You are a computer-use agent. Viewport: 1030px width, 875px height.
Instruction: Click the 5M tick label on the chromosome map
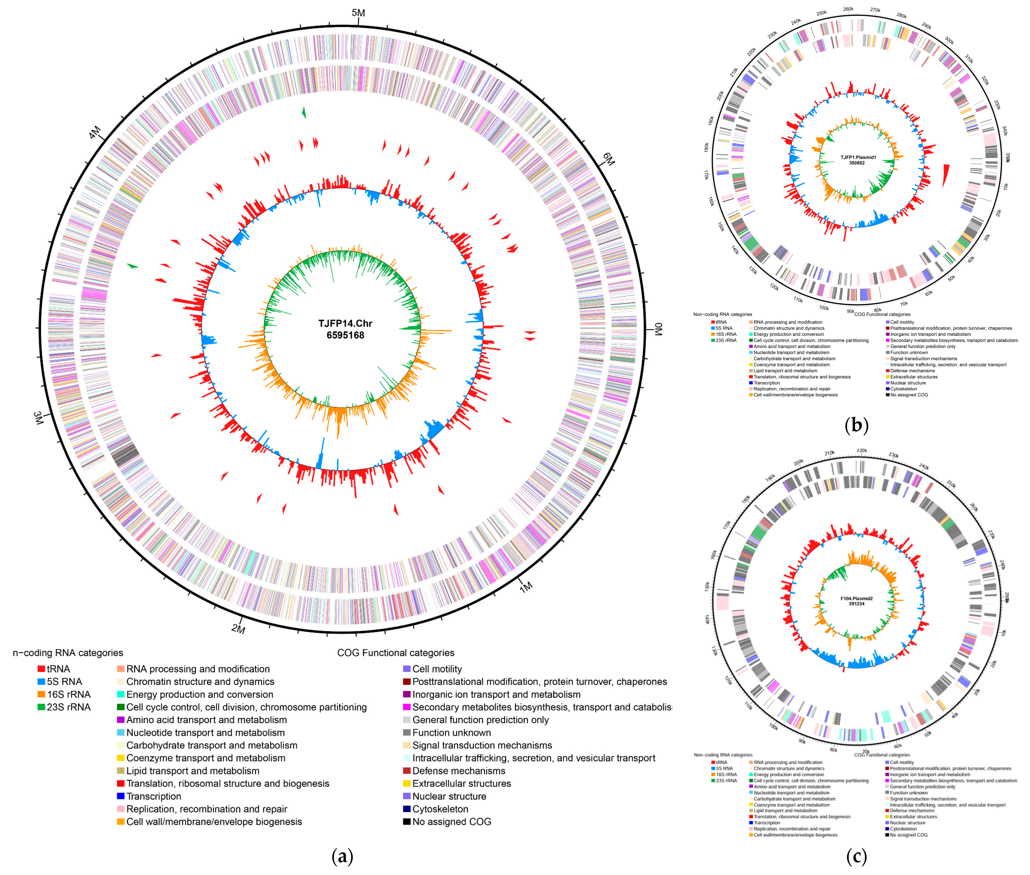358,13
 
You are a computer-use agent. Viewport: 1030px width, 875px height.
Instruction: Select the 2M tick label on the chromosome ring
238,629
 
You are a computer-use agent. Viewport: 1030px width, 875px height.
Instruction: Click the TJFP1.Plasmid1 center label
858,157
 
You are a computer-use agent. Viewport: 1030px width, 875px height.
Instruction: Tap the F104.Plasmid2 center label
857,598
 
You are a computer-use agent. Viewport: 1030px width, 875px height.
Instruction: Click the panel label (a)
342,856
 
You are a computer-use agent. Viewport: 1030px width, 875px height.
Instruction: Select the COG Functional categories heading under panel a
396,653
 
